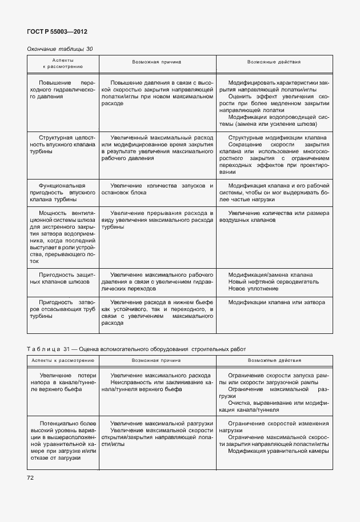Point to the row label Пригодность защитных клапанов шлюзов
click(x=63, y=278)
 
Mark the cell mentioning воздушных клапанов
click(x=274, y=216)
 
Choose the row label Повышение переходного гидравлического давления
click(x=63, y=89)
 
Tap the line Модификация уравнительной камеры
click(x=278, y=451)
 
